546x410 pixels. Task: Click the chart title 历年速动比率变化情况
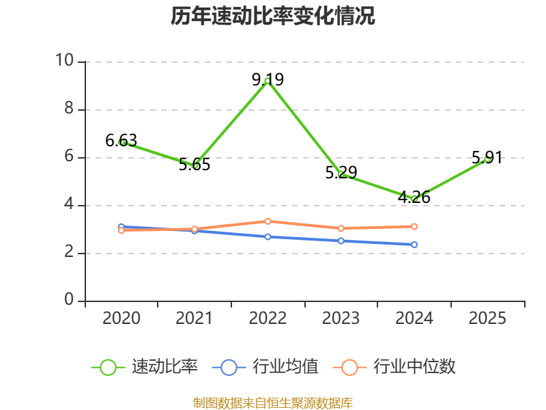[x=272, y=16]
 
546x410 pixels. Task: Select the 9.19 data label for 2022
[x=268, y=79]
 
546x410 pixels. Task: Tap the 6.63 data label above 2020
[x=121, y=141]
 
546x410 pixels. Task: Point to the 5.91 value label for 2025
[x=487, y=158]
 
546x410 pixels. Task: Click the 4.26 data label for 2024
[x=414, y=197]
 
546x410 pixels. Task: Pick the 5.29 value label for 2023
[x=341, y=173]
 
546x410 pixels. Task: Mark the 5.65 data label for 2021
[x=195, y=164]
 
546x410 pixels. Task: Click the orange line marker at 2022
[x=268, y=221]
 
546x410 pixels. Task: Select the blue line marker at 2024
[x=414, y=245]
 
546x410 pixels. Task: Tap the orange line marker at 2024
[x=414, y=227]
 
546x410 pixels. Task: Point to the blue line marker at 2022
[x=268, y=237]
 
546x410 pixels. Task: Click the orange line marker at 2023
[x=341, y=228]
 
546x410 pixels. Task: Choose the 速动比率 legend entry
[x=145, y=367]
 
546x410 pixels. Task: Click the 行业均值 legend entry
[x=265, y=367]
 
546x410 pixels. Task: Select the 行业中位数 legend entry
[x=394, y=367]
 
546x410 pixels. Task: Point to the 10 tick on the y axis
[x=65, y=60]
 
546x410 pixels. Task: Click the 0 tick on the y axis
[x=69, y=299]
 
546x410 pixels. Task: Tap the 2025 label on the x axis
[x=487, y=318]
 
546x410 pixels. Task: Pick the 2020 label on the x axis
[x=121, y=318]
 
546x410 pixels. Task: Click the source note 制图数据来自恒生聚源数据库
[x=272, y=403]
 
